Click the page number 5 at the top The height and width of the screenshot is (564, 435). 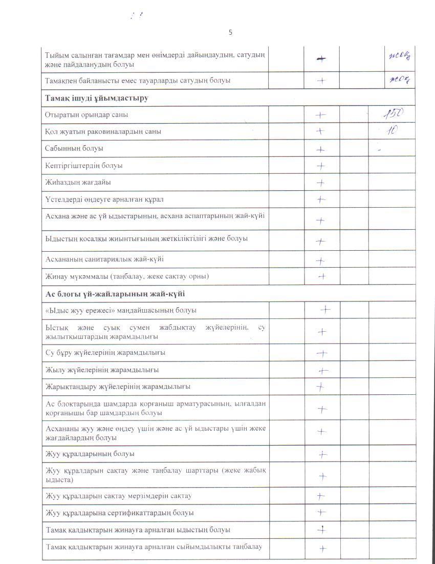230,32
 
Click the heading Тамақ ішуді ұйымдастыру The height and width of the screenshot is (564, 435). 96,98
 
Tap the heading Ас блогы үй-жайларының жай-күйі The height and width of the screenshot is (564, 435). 115,294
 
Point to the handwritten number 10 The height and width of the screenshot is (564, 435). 392,130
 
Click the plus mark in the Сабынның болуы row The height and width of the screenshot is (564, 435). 321,150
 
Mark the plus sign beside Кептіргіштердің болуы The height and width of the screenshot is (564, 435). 321,166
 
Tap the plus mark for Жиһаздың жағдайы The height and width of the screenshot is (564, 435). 321,183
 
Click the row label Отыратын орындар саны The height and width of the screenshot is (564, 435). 86,115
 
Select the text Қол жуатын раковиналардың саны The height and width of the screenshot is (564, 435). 103,131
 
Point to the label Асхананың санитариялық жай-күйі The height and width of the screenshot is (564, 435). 104,259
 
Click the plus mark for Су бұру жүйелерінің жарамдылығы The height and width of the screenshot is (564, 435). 321,353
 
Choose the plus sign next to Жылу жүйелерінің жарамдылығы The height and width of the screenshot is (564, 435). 323,371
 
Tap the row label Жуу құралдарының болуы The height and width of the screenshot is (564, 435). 90,454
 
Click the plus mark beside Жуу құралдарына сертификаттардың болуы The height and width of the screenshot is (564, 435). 321,512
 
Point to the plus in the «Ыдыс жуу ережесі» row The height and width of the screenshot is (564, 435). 325,310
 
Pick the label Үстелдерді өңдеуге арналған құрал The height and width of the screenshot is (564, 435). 104,199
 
